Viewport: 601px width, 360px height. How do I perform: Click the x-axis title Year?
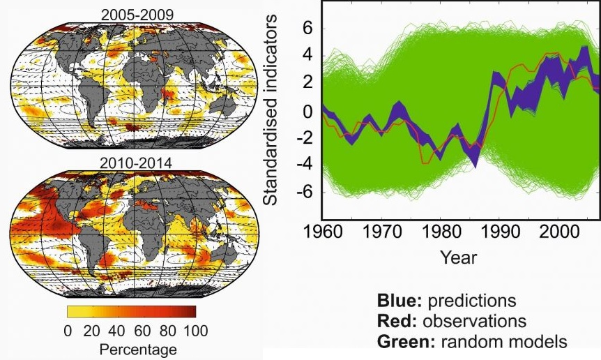(458, 258)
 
